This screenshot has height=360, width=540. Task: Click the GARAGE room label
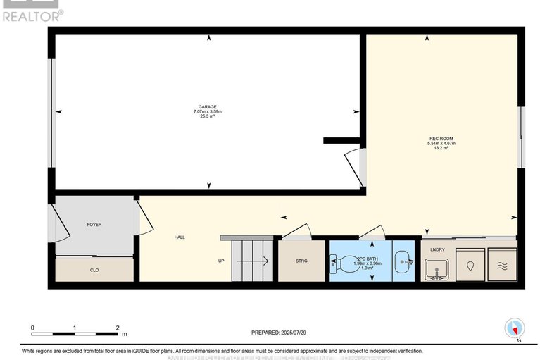click(x=207, y=107)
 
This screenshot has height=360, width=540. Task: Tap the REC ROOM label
click(x=443, y=138)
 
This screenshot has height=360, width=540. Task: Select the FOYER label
click(x=94, y=225)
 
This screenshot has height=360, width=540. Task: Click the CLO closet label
click(x=94, y=270)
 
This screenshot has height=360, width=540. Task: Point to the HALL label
click(x=180, y=237)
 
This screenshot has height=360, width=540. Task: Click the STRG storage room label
click(x=302, y=261)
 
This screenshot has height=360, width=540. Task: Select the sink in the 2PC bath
click(x=402, y=262)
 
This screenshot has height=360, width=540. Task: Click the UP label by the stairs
click(x=221, y=261)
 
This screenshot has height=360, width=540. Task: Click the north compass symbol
click(x=515, y=328)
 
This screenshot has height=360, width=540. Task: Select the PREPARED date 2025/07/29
click(x=280, y=332)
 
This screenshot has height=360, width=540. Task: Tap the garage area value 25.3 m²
click(x=207, y=117)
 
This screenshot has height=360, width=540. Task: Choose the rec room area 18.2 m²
click(x=443, y=149)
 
